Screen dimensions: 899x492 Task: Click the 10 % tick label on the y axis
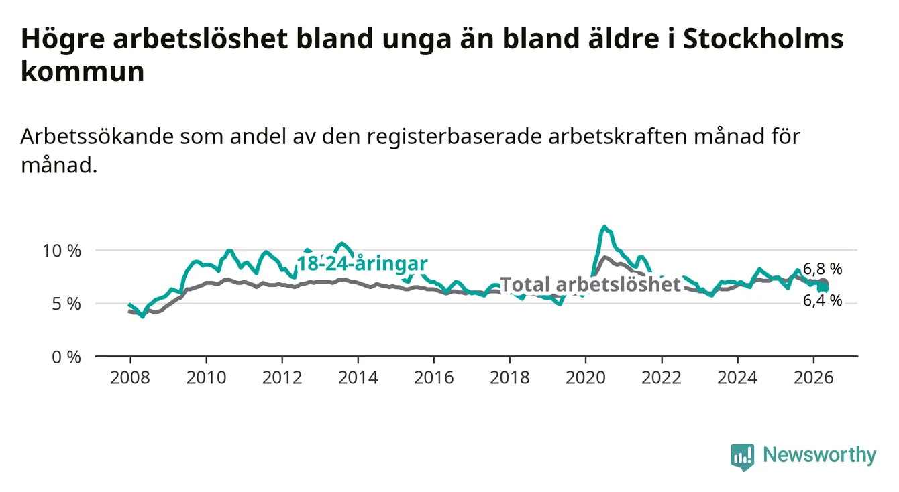tap(62, 251)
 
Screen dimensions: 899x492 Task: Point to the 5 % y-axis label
tap(66, 304)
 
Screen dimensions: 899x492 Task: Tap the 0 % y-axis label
tap(66, 357)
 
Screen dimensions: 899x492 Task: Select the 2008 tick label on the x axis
tap(130, 378)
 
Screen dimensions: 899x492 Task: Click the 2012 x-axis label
tap(282, 378)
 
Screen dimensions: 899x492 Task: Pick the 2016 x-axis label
tap(434, 378)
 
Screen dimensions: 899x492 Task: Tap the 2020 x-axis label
tap(586, 378)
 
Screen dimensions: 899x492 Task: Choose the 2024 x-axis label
tap(737, 378)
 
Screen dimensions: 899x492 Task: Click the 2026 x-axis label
tap(814, 378)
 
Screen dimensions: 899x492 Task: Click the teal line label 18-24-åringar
tap(362, 264)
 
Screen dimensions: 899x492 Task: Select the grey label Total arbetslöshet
tap(591, 284)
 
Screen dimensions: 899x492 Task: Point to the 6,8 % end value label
tap(823, 269)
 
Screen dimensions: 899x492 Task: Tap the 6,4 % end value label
tap(823, 300)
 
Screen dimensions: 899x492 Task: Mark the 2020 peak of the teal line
tap(604, 227)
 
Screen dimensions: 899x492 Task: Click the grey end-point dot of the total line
tap(824, 282)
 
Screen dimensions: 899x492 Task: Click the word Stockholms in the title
tap(763, 38)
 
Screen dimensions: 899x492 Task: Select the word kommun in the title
tap(83, 71)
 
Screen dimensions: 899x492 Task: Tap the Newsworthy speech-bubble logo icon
tap(743, 457)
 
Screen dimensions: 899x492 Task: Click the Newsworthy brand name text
tap(820, 455)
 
